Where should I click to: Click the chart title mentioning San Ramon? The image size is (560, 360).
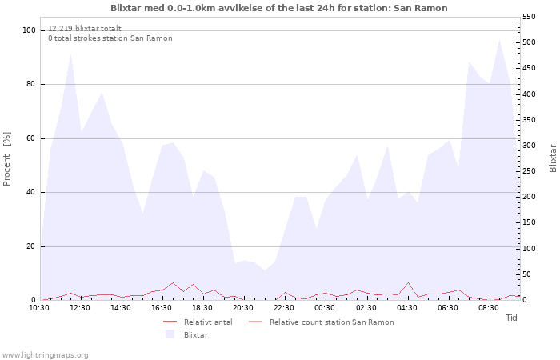[x=279, y=8]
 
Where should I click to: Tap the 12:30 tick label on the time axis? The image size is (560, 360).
[x=80, y=308]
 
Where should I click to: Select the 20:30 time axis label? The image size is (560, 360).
[x=243, y=308]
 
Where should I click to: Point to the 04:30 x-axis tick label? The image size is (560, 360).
[x=406, y=308]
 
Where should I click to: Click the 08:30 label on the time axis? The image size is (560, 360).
[x=489, y=308]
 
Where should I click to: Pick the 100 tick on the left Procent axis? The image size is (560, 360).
[x=29, y=30]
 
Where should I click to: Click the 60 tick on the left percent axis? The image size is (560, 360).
[x=30, y=138]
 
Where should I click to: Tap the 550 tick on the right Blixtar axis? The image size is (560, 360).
[x=529, y=17]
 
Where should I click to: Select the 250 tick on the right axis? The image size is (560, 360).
[x=529, y=171]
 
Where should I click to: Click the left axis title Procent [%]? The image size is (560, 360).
[x=6, y=159]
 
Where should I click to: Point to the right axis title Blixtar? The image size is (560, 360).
[x=553, y=158]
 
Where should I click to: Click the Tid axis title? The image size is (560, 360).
[x=511, y=318]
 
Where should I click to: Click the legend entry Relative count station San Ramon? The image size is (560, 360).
[x=322, y=322]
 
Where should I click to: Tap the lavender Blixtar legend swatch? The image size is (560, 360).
[x=170, y=334]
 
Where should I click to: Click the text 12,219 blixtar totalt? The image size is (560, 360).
[x=85, y=29]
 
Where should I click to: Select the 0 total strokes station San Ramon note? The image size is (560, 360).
[x=110, y=38]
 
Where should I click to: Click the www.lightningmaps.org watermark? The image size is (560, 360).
[x=44, y=355]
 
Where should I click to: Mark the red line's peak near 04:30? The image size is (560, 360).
[x=408, y=282]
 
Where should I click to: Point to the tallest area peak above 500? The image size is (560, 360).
[x=499, y=40]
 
